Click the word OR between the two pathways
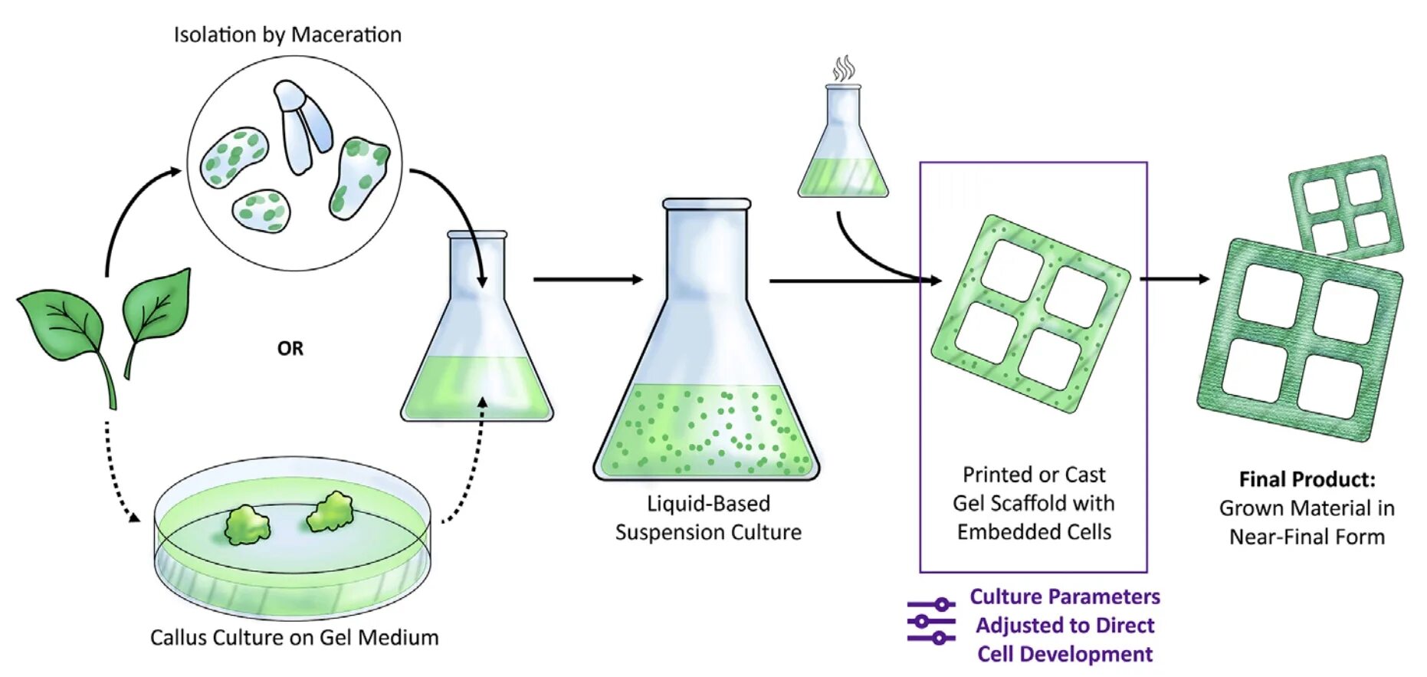click(x=290, y=349)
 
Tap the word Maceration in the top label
click(x=346, y=35)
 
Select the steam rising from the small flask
click(x=844, y=67)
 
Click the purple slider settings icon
click(x=931, y=621)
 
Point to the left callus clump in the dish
click(x=247, y=524)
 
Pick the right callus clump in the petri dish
click(x=330, y=512)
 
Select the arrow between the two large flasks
click(x=588, y=279)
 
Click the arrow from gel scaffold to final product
click(x=1174, y=279)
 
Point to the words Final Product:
click(x=1307, y=480)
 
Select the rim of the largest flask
click(x=706, y=204)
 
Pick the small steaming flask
click(x=843, y=153)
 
